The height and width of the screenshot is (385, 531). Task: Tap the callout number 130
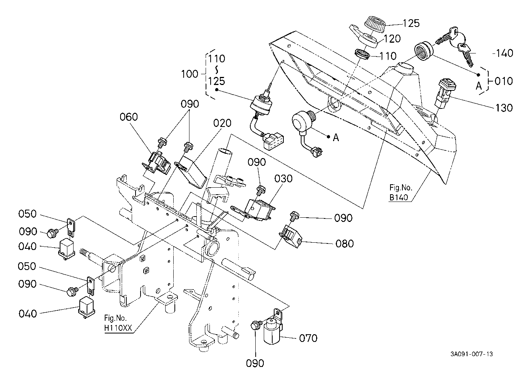(x=504, y=108)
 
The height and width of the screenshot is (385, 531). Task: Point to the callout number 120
(x=392, y=38)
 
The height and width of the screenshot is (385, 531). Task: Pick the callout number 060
(x=129, y=117)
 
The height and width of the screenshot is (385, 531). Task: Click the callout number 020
(x=223, y=123)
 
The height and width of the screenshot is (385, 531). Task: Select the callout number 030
(x=284, y=179)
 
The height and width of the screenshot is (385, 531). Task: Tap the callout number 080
(x=344, y=243)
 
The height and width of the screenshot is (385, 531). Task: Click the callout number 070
(x=308, y=338)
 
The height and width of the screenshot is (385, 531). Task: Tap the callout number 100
(x=189, y=74)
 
